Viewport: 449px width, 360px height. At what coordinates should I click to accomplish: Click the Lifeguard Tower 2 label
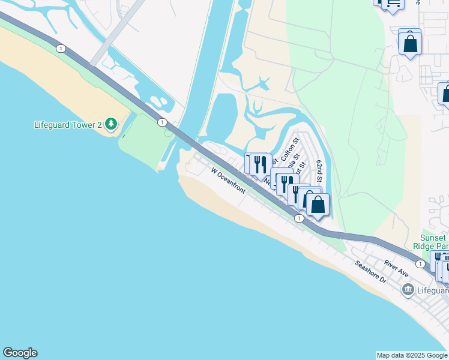click(x=68, y=125)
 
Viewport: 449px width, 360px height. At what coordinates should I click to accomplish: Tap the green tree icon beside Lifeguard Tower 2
click(x=110, y=124)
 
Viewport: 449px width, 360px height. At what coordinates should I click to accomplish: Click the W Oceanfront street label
click(x=228, y=181)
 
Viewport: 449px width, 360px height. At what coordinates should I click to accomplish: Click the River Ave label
click(x=396, y=268)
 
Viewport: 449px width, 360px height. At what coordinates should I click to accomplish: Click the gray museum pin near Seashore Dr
click(x=408, y=290)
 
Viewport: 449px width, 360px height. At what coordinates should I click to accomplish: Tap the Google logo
click(x=20, y=353)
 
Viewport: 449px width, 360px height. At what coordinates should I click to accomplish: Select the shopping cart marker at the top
click(x=393, y=3)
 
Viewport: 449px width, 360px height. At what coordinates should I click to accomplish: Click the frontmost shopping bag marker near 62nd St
click(x=318, y=205)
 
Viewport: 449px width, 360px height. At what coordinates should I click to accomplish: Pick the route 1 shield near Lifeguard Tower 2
click(x=162, y=122)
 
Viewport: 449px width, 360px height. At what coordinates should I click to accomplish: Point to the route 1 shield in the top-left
click(x=60, y=49)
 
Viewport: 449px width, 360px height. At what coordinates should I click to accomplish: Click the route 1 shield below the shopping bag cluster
click(x=299, y=219)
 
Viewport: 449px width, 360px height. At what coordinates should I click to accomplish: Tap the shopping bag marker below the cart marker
click(x=410, y=43)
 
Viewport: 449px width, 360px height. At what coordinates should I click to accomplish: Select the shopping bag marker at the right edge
click(x=445, y=94)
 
